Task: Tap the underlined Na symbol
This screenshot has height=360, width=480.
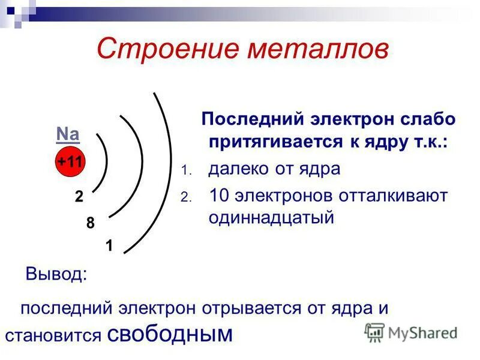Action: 68,134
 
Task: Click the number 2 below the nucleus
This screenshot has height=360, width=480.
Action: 79,197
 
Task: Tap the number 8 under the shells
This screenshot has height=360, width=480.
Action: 90,223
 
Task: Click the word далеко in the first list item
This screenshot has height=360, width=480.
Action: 241,169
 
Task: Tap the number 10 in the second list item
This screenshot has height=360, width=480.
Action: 219,196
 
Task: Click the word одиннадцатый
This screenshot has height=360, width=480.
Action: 271,217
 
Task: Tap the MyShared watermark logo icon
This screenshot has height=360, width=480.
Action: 375,332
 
